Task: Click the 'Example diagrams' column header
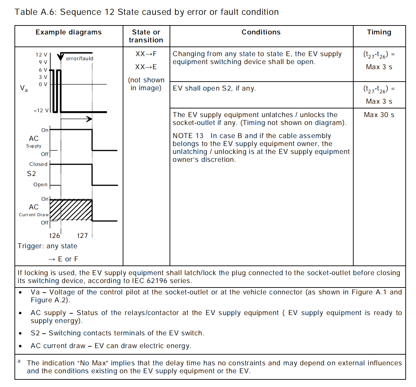tap(69, 32)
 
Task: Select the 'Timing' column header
tap(379, 32)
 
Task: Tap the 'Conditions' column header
tap(261, 32)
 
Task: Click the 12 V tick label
tap(41, 55)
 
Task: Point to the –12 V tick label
tap(41, 111)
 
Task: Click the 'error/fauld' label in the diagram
tap(80, 59)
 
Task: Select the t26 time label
tap(55, 236)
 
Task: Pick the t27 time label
tap(83, 236)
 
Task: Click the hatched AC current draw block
tap(71, 210)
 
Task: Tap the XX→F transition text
tap(146, 54)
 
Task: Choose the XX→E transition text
tap(146, 67)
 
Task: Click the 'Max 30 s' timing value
tap(379, 115)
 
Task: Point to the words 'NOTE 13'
tap(188, 136)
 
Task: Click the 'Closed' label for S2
tap(38, 164)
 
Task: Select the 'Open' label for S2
tap(40, 185)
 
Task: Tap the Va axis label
tap(24, 88)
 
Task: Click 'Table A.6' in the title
tap(35, 12)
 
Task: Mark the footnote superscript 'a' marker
tap(19, 361)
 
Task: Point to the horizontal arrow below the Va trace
tap(77, 119)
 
